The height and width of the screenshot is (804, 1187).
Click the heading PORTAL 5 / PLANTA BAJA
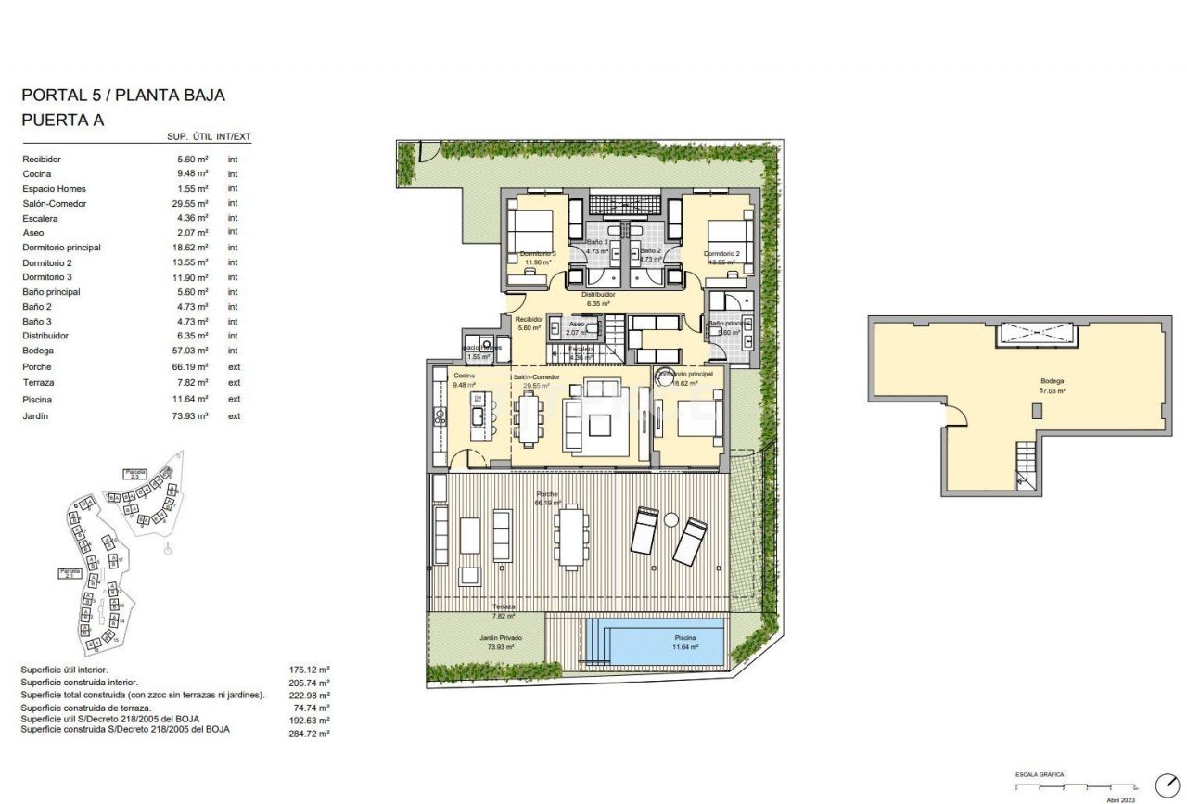coord(122,95)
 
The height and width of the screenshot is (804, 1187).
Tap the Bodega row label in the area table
coord(38,351)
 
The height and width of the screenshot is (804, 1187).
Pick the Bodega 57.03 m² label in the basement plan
coord(1052,386)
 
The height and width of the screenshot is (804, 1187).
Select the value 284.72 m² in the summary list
coord(310,733)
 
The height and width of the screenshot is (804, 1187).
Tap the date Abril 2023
coord(1121,798)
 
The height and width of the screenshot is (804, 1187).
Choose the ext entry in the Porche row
coord(234,367)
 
